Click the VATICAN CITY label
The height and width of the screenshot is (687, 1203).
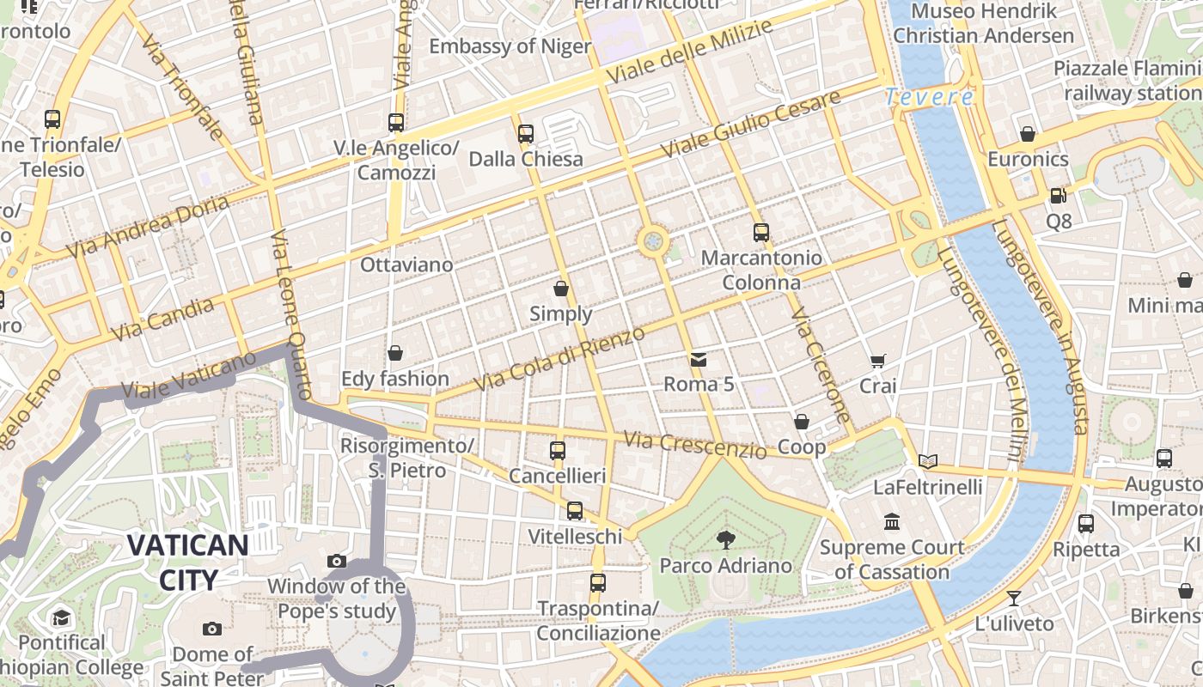[x=189, y=562]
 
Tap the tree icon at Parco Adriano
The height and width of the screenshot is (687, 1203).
[x=726, y=540]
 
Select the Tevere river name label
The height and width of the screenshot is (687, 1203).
[x=929, y=97]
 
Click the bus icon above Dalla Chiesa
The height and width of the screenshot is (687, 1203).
[x=526, y=134]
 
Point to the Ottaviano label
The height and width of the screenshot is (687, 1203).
[x=406, y=264]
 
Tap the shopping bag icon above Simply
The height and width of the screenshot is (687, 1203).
[x=561, y=289]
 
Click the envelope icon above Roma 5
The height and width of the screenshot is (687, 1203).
[x=699, y=359]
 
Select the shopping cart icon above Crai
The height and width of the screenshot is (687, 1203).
[x=877, y=362]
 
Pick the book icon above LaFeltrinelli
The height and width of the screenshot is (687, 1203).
[x=927, y=462]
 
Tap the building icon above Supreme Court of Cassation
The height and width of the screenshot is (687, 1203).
[x=892, y=522]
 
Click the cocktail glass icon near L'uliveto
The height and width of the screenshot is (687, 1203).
[x=1014, y=599]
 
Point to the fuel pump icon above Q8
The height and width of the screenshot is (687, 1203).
[x=1059, y=196]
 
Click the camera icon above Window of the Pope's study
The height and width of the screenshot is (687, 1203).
[x=337, y=562]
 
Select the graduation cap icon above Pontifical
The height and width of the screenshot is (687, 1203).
[x=61, y=617]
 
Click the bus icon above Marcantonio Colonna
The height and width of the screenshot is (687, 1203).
[x=760, y=232]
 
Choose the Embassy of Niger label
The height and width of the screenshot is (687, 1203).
[x=510, y=46]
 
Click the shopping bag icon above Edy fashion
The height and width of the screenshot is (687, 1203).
[x=395, y=353]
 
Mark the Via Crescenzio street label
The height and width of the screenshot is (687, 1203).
[x=695, y=445]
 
